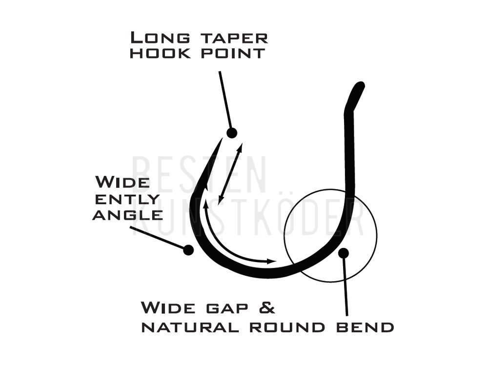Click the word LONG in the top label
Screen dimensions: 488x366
click(160, 38)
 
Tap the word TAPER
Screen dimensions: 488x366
click(234, 38)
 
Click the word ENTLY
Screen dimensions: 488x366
click(127, 199)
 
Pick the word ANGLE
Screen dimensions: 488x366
click(127, 215)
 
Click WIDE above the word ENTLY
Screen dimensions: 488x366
click(122, 182)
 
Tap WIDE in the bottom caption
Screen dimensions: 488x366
click(168, 307)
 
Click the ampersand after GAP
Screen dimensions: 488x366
click(267, 307)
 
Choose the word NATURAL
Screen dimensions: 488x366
click(190, 327)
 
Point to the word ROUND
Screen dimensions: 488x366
click(287, 327)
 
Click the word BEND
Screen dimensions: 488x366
click(365, 327)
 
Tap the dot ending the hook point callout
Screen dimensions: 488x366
click(231, 133)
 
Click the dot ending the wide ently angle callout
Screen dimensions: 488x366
click(188, 249)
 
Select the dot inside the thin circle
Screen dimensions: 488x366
click(344, 253)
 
